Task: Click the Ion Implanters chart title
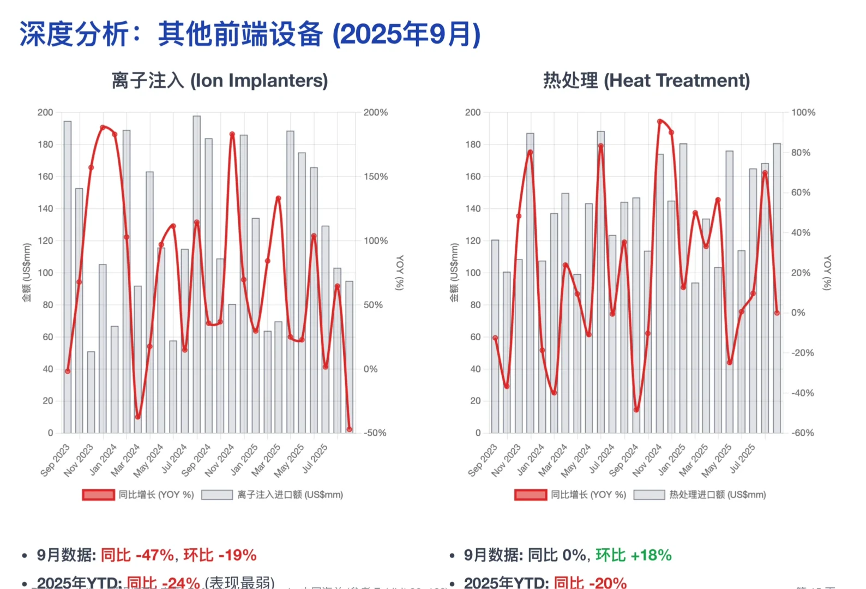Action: (x=220, y=81)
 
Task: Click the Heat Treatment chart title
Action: (x=646, y=81)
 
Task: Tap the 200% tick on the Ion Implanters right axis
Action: (x=376, y=112)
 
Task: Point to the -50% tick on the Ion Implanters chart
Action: (x=375, y=432)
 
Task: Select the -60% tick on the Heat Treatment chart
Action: (x=803, y=432)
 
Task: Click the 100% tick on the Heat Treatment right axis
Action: (x=803, y=112)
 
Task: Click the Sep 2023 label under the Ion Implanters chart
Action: (x=56, y=459)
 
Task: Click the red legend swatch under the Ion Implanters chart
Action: (x=99, y=495)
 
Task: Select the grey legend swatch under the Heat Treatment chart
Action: (x=649, y=495)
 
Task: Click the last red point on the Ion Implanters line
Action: (x=349, y=429)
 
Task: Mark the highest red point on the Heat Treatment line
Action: (x=660, y=122)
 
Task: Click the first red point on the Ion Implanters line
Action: (x=68, y=371)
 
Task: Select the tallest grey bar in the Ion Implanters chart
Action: (x=196, y=273)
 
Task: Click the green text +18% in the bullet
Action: (x=651, y=555)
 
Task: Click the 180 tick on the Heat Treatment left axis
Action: (x=473, y=145)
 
